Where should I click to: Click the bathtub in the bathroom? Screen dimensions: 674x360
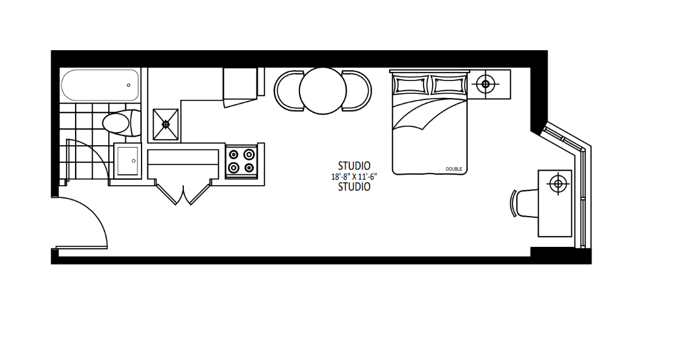(100, 85)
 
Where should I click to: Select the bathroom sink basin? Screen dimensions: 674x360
(128, 161)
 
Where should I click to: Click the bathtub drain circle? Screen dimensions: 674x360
(128, 85)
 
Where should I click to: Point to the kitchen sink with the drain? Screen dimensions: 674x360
(166, 124)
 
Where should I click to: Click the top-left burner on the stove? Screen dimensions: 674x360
(234, 154)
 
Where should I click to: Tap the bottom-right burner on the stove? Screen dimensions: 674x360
(249, 168)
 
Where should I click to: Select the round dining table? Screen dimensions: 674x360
(323, 91)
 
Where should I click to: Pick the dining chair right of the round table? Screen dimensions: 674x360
(357, 91)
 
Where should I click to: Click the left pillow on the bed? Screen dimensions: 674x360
(411, 85)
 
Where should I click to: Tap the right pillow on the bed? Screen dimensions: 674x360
(448, 85)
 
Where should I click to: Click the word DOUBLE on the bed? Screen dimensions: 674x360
(454, 169)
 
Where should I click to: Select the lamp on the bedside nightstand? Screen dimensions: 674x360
(485, 84)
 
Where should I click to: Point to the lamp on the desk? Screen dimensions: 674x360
(558, 185)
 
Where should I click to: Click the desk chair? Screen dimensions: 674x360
(523, 203)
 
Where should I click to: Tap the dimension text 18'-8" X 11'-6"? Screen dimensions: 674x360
(354, 176)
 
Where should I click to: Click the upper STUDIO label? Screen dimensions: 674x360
(354, 166)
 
